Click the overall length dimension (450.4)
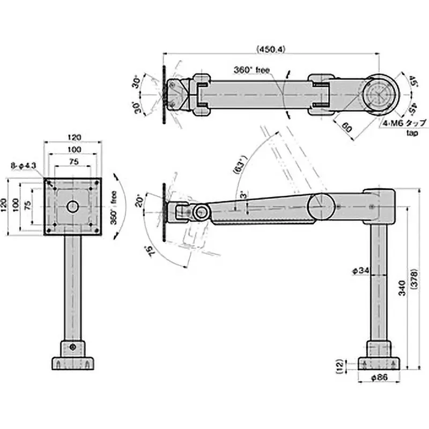click(x=271, y=49)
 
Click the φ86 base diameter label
click(x=379, y=378)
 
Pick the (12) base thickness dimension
click(x=338, y=366)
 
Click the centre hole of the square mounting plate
click(x=72, y=206)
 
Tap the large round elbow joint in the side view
click(x=321, y=206)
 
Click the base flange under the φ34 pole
click(x=379, y=364)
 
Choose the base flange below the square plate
click(x=72, y=364)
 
